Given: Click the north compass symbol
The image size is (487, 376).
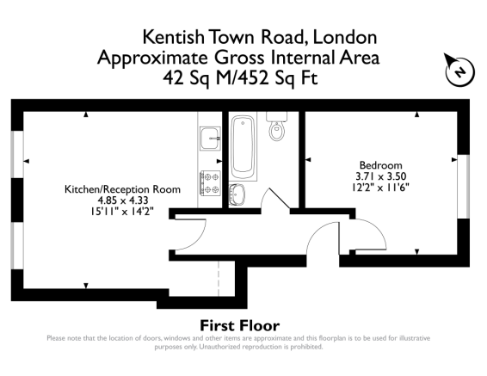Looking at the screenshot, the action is [459, 71].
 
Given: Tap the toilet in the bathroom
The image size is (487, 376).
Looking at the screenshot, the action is [276, 126].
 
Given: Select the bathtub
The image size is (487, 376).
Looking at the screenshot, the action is [243, 148].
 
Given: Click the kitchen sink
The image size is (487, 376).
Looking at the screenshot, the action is [210, 139].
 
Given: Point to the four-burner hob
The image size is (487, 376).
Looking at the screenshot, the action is [210, 183].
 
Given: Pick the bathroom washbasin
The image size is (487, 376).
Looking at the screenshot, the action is [237, 194].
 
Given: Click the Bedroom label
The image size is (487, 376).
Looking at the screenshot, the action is [380, 165].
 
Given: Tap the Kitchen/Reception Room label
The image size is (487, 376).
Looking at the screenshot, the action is [122, 189].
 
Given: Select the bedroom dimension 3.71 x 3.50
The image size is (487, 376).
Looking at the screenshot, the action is [381, 176].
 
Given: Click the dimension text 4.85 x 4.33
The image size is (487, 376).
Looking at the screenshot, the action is [123, 200].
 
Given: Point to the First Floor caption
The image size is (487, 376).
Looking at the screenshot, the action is [239, 326].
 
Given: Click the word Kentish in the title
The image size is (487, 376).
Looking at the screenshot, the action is [173, 37].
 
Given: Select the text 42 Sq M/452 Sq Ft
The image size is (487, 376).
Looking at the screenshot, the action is [240, 77].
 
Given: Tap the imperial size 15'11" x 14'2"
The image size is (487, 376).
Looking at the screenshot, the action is [122, 212].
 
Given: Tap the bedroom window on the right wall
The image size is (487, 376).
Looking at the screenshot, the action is [464, 186].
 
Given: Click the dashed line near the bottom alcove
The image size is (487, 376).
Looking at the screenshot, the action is [219, 279].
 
